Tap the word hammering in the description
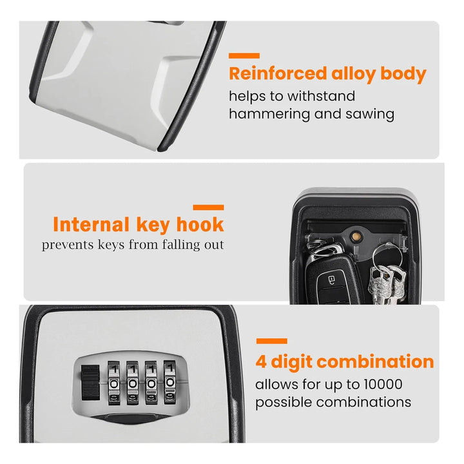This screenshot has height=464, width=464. click(x=269, y=114)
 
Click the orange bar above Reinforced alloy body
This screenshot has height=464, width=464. click(x=244, y=55)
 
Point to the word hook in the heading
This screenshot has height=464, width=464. click(x=200, y=225)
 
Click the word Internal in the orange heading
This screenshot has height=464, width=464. click(x=91, y=225)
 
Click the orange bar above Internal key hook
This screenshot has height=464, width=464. click(x=208, y=208)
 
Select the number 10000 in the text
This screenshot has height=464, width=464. click(x=383, y=384)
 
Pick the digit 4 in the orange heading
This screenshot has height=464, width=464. click(x=261, y=362)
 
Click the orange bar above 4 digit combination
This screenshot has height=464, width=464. click(x=272, y=341)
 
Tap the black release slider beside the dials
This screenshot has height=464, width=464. click(x=90, y=382)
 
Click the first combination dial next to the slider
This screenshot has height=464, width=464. click(x=114, y=383)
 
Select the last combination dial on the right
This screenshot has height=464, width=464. click(x=170, y=382)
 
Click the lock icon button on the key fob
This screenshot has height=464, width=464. click(x=332, y=279)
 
